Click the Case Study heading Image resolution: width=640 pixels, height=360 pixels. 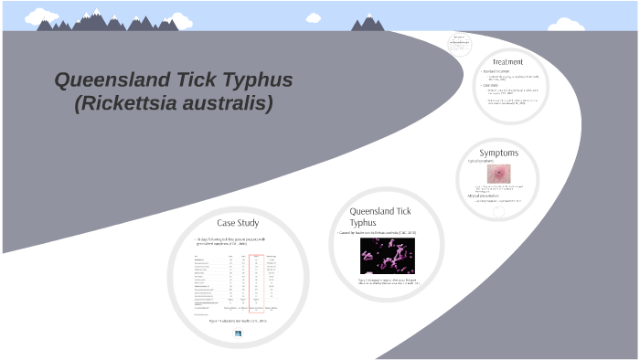[x=237, y=223]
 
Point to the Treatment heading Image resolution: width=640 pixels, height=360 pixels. [x=507, y=62]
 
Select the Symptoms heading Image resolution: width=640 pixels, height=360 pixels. [x=498, y=153]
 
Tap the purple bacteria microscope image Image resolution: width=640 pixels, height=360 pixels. [x=388, y=257]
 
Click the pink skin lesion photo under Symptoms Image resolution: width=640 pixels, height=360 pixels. [x=499, y=174]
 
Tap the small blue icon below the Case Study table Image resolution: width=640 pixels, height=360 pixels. [x=239, y=334]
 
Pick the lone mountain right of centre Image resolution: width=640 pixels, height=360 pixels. [x=368, y=23]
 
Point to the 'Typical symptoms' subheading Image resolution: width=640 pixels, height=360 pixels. [x=483, y=162]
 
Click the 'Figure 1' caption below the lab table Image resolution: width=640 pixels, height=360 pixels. [x=237, y=322]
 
